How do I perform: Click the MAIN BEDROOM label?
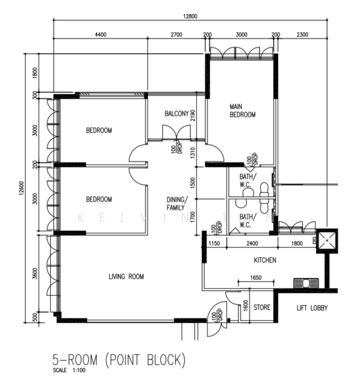[x=242, y=111]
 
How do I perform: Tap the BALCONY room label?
[x=176, y=113]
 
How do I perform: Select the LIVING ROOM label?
[x=126, y=277]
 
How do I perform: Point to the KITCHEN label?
[x=265, y=260]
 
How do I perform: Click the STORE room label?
[x=261, y=308]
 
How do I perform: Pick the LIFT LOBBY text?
[x=312, y=308]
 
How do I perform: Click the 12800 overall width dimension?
[x=190, y=16]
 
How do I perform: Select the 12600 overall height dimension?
[x=22, y=188]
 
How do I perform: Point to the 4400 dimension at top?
[x=100, y=35]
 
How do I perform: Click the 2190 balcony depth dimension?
[x=193, y=115]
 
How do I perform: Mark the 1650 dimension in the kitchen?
[x=256, y=278]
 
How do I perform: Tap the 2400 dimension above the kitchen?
[x=252, y=243]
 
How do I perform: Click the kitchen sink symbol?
[x=306, y=283]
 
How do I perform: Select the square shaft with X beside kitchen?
[x=327, y=241]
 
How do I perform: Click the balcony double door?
[x=176, y=133]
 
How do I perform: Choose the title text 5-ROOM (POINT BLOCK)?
[x=118, y=360]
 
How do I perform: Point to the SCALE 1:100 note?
[x=70, y=370]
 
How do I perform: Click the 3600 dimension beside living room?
[x=35, y=273]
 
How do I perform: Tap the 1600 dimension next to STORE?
[x=245, y=305]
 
